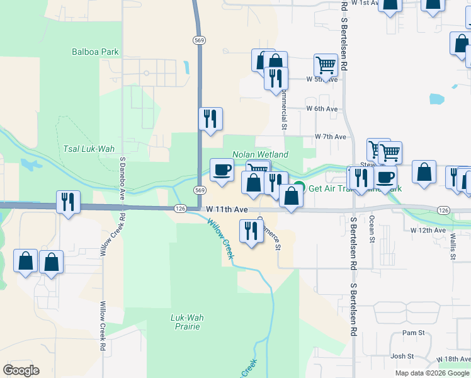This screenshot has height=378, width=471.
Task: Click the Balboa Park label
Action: tap(96, 52)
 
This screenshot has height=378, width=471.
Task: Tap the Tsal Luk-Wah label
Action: tap(89, 149)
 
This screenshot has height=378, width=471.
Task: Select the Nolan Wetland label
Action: tap(260, 154)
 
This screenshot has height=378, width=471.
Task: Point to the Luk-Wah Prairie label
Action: tap(185, 322)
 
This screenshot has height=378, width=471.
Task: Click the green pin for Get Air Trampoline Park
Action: tap(299, 188)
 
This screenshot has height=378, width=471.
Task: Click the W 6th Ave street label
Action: tap(322, 108)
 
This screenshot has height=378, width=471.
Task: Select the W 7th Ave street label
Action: tap(331, 137)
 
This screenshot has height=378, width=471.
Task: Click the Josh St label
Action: tap(401, 356)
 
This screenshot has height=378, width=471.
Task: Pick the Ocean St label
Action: tap(372, 229)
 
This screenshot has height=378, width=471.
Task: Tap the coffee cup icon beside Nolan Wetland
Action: tap(222, 170)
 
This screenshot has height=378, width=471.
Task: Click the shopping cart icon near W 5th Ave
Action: tap(326, 64)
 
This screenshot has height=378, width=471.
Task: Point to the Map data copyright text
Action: tap(432, 373)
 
